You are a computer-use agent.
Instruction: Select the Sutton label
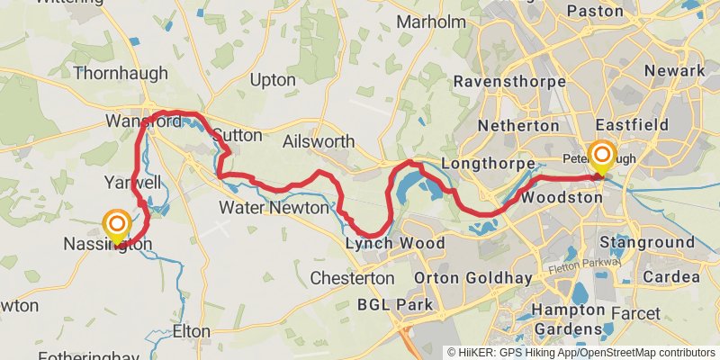click(x=238, y=136)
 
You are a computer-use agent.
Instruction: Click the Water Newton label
click(x=274, y=208)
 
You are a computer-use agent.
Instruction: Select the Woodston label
click(x=561, y=196)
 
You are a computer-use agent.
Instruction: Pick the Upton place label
click(x=272, y=80)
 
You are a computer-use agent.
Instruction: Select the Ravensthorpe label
click(x=509, y=82)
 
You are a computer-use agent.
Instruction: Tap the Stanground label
click(x=647, y=242)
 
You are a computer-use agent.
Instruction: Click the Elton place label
click(x=191, y=331)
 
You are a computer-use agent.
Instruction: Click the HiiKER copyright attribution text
click(x=580, y=352)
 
